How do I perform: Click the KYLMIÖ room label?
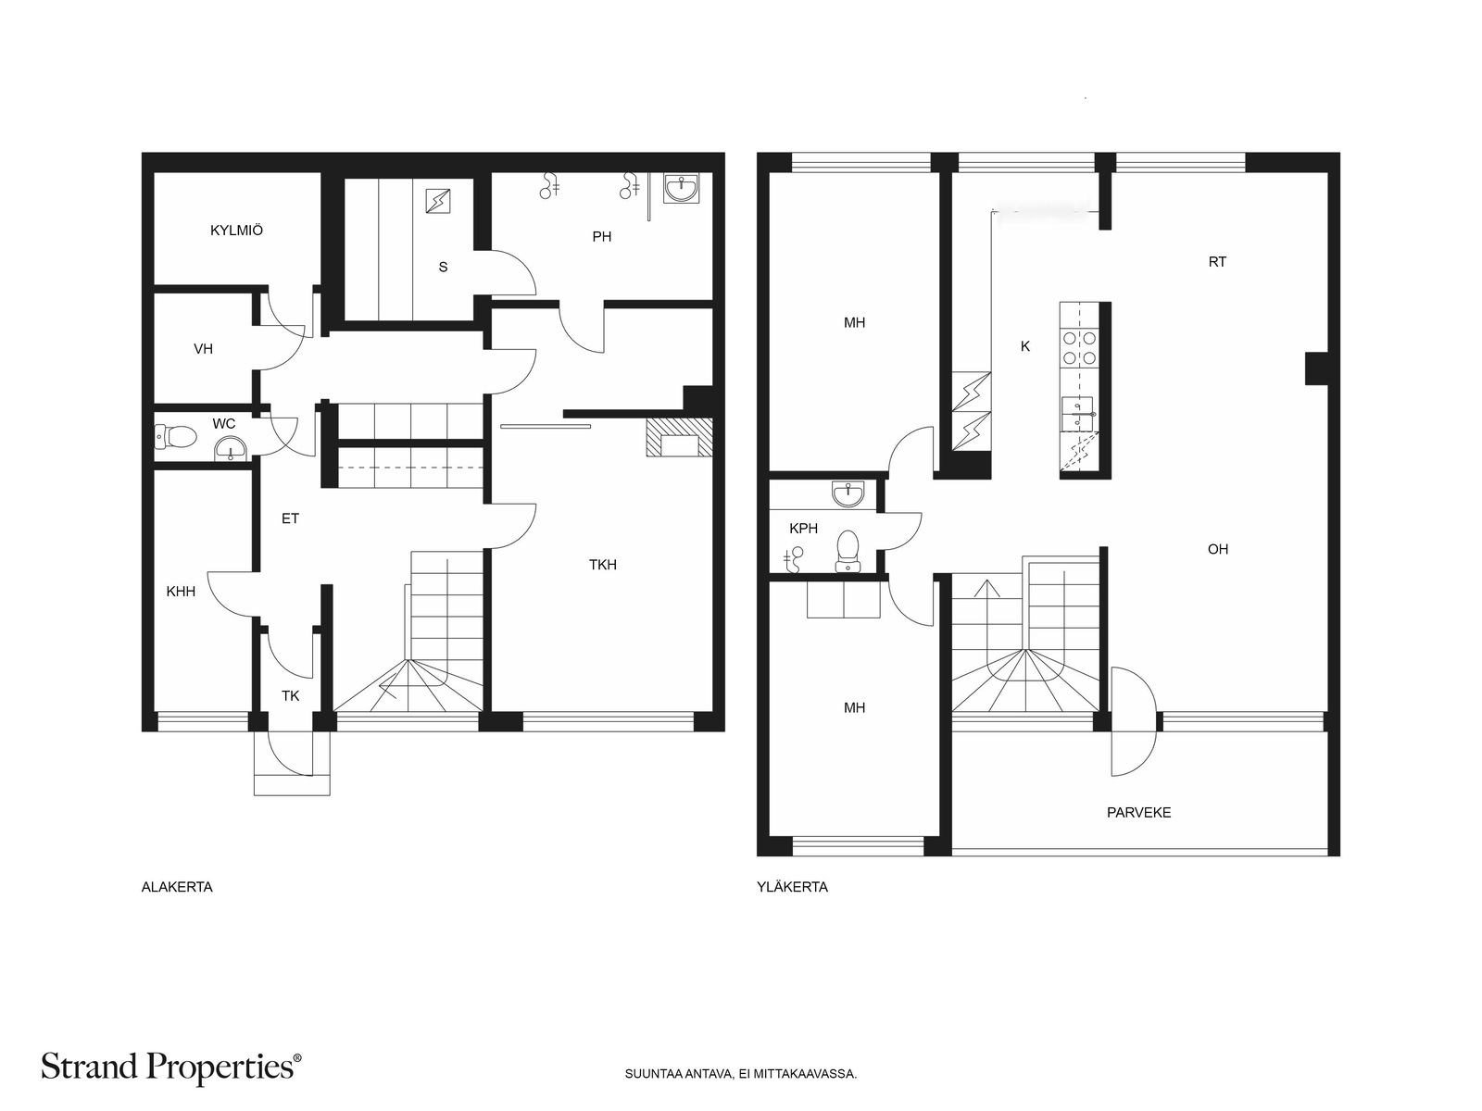[x=236, y=230]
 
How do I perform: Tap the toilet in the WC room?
[x=176, y=436]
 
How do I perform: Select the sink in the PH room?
[x=681, y=188]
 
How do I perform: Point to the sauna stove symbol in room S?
[x=437, y=201]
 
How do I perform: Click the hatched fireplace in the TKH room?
[x=679, y=437]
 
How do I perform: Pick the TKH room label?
[x=602, y=565]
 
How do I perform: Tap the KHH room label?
[x=181, y=592]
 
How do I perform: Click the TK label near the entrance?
[x=290, y=696]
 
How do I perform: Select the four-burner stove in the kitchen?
[x=1079, y=348]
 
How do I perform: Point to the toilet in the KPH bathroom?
[x=848, y=551]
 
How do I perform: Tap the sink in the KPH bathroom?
[x=848, y=494]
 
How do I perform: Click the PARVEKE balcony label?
[x=1138, y=813]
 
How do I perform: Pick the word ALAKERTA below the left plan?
[x=177, y=887]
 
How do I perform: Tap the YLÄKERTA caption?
[x=792, y=887]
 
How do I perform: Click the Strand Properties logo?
[x=170, y=1067]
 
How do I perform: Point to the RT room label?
[x=1217, y=262]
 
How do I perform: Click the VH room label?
[x=203, y=349]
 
